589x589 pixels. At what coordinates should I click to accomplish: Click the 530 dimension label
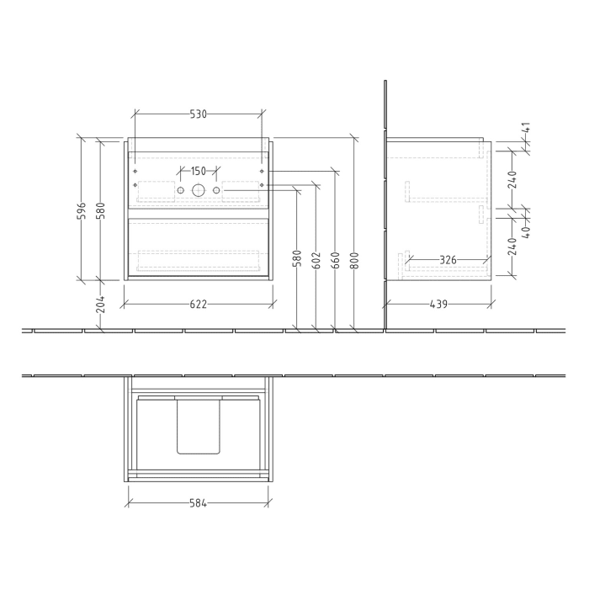pyautogui.click(x=199, y=114)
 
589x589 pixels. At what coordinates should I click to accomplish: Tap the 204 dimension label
pyautogui.click(x=101, y=304)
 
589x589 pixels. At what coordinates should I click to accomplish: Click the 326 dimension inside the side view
pyautogui.click(x=448, y=261)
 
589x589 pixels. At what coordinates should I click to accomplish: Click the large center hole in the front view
pyautogui.click(x=199, y=190)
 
